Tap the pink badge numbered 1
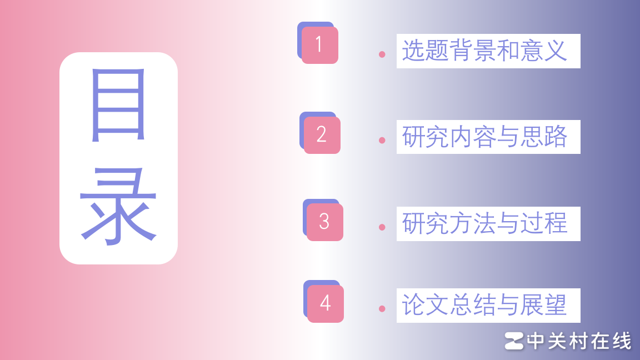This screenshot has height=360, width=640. tap(319, 45)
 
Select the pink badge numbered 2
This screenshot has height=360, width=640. tap(322, 135)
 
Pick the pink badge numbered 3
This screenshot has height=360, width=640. tap(324, 222)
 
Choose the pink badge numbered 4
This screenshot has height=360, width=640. tap(326, 303)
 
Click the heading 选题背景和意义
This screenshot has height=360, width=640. tap(484, 51)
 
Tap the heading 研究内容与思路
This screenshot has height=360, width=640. tap(484, 137)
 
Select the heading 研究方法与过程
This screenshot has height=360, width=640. tap(484, 223)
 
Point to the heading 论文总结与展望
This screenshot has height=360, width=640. tap(484, 305)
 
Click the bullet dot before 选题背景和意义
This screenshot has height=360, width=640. tap(382, 54)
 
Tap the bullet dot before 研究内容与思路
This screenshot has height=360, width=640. tap(382, 140)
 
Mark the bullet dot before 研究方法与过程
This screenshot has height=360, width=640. tap(382, 227)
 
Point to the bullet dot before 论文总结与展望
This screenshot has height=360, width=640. tap(382, 308)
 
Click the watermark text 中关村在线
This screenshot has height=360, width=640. tap(579, 341)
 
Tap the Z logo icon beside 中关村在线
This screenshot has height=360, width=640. tap(514, 341)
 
